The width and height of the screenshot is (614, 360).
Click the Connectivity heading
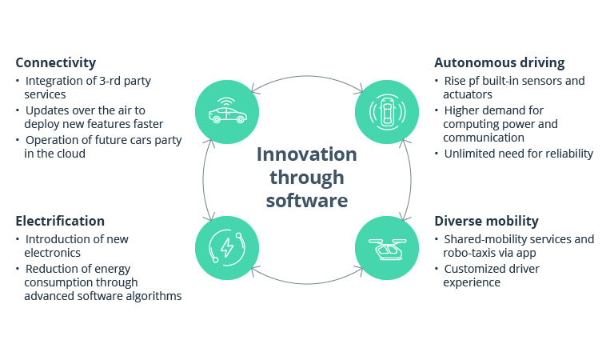55,62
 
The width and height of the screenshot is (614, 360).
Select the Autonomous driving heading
499,62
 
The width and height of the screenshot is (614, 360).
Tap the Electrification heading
60,220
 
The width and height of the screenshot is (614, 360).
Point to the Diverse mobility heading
486,220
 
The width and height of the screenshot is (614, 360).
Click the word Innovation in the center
306,154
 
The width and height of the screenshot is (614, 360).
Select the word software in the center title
306,199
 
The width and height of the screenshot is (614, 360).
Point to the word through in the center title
306,176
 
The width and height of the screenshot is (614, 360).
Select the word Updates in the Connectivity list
48,110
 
